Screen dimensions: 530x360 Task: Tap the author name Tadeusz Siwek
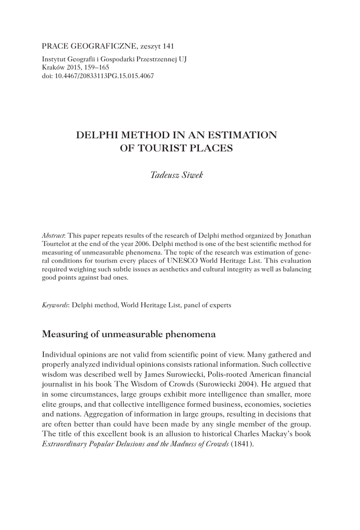177,175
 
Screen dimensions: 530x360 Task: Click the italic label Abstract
53,235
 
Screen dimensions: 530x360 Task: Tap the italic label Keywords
55,305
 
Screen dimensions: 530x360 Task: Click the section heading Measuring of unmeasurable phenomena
128,334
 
